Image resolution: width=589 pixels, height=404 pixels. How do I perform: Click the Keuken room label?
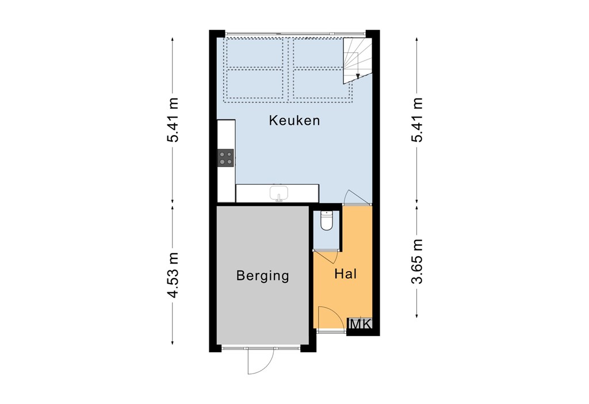click(294, 121)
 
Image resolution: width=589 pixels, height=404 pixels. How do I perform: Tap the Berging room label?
click(262, 276)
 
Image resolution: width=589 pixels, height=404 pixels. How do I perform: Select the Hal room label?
click(346, 274)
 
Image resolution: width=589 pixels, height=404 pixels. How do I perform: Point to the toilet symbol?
click(327, 221)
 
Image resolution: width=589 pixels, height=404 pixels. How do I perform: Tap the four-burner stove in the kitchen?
click(225, 158)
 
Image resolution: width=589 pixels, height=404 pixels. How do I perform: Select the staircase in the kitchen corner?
click(357, 59)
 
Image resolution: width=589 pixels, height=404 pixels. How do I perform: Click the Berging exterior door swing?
click(257, 361)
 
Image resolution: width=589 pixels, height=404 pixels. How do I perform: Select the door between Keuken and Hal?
click(357, 197)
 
